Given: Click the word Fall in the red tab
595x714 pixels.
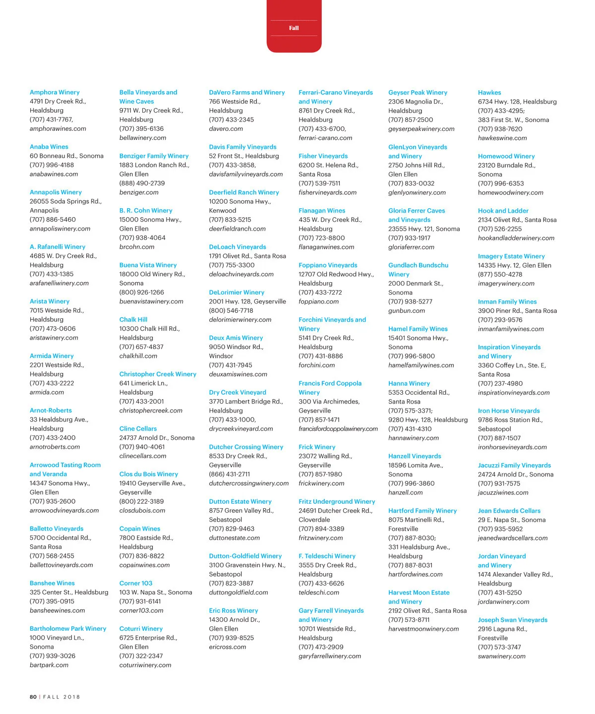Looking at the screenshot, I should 294,28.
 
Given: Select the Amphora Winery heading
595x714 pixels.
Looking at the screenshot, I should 55,92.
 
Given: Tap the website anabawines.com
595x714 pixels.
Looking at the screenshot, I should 54,174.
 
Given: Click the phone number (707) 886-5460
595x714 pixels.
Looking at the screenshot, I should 53,219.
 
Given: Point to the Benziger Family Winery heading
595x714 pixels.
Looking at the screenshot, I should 154,156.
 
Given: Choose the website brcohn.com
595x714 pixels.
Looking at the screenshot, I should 137,246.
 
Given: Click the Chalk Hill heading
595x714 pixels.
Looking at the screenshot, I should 133,319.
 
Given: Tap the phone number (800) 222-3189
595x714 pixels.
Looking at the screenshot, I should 141,501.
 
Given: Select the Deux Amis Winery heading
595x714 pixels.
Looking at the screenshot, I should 236,338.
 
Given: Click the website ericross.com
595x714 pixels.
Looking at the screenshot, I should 228,647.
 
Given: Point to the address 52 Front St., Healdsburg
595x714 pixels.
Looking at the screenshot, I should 244,156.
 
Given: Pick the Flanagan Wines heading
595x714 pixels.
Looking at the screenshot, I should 322,210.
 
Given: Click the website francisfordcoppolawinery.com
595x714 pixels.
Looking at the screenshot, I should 338,429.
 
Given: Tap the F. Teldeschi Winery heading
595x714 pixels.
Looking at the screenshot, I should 327,556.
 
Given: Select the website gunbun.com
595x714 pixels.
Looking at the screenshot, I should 407,310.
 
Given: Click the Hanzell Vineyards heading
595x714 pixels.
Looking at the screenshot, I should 415,456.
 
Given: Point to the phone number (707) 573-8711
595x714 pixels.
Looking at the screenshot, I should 409,619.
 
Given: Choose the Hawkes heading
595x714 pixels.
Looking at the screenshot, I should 489,92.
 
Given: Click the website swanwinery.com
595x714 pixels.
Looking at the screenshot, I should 501,656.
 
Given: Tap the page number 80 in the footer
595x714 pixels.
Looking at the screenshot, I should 33,697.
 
